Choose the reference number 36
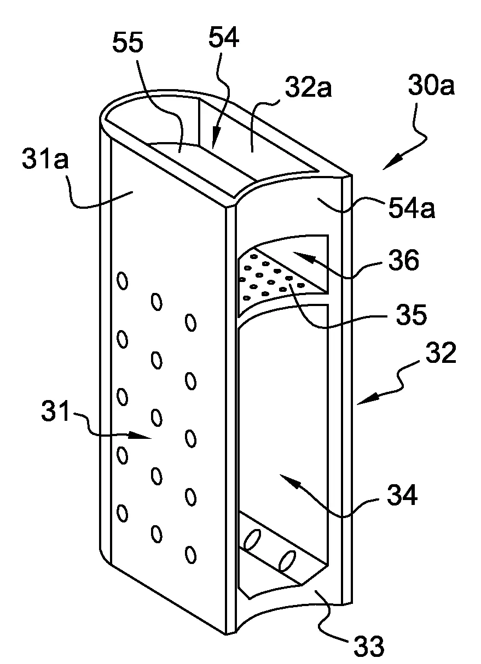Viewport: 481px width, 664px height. pos(403,261)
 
